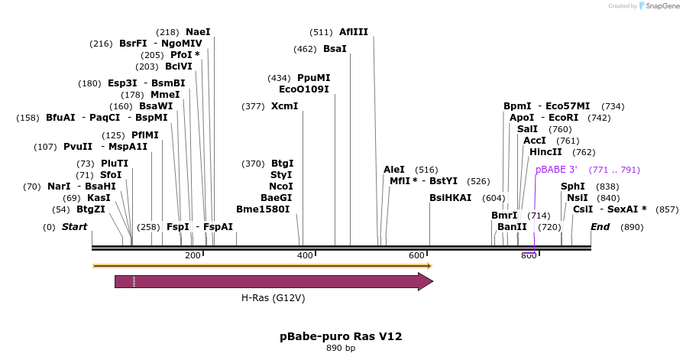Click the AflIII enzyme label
[354, 32]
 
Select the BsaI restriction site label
[335, 49]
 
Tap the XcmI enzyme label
[284, 106]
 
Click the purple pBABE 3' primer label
[556, 170]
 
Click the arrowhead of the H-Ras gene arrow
[425, 281]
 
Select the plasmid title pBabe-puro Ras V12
[341, 336]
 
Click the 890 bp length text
[341, 349]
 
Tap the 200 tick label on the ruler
[193, 255]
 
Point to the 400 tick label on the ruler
[305, 255]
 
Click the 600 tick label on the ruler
[417, 255]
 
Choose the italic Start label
[74, 227]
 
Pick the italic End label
[600, 227]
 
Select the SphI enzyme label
[573, 186]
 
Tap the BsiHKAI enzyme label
[450, 197]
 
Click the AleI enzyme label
[394, 170]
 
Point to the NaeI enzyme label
[198, 32]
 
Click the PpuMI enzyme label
[313, 78]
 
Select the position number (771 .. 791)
[614, 170]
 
